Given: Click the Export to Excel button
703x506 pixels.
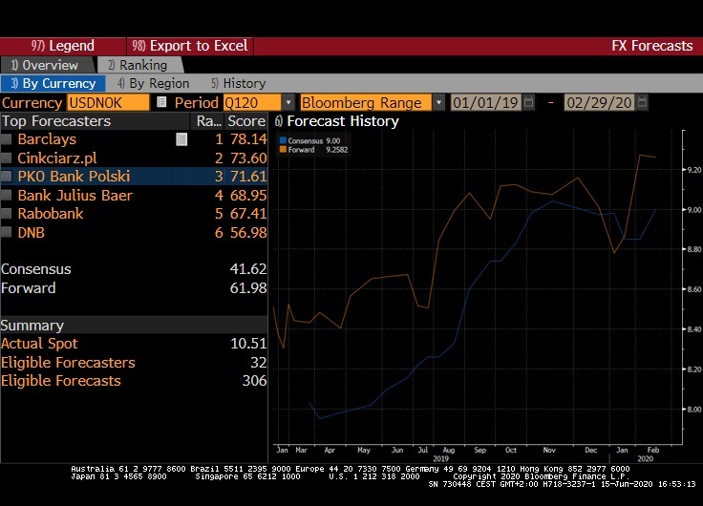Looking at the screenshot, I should point(190,46).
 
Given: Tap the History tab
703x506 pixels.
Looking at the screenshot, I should point(238,84).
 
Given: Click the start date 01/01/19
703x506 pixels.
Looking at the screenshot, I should point(484,102).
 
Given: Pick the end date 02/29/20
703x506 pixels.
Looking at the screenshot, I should point(599,102).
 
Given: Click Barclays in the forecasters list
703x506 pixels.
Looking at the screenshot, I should point(46,139).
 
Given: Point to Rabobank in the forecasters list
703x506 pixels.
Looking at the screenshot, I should point(51,213).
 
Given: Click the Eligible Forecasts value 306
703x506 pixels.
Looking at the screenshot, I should point(252,381).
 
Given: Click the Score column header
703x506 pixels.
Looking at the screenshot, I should point(245,121).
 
